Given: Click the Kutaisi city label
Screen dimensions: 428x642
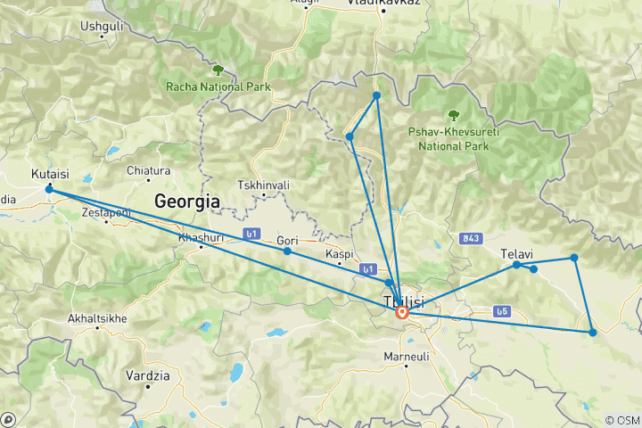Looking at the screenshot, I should click(50, 174).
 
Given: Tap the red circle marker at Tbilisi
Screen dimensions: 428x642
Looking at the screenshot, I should click(402, 312).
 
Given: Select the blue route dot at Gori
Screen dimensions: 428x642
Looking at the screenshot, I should click(287, 251).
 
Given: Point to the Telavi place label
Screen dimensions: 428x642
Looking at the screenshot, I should click(516, 253).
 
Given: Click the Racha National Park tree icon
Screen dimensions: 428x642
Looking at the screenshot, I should click(217, 70).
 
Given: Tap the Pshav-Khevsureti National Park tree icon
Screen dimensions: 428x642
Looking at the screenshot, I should click(454, 114).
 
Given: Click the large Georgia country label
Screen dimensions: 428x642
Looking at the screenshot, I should click(186, 201).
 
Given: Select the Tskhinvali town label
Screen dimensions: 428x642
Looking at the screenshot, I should click(259, 185).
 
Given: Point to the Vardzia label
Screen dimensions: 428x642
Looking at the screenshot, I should click(147, 375).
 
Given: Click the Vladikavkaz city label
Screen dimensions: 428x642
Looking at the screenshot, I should click(383, 4).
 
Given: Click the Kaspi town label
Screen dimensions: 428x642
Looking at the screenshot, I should click(340, 254).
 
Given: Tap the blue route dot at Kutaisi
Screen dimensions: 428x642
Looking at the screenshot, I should click(49, 189).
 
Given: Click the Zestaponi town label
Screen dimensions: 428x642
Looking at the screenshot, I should click(106, 212).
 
